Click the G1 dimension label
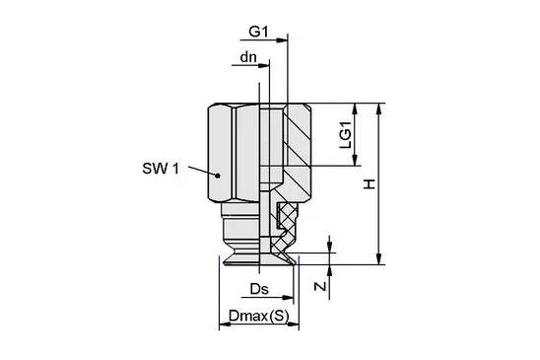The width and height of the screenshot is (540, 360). [x=258, y=32]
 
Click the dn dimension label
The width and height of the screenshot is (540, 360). [x=248, y=57]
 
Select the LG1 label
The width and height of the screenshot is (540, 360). [x=346, y=134]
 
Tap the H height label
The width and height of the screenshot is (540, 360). [x=370, y=184]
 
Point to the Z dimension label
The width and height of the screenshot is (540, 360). [x=320, y=286]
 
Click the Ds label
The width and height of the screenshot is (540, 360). [x=259, y=289]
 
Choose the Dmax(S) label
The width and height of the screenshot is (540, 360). [x=258, y=316]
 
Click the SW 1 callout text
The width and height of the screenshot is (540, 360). [x=161, y=169]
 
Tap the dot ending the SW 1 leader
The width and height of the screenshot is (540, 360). [x=218, y=176]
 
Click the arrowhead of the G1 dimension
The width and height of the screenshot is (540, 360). [x=282, y=40]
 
